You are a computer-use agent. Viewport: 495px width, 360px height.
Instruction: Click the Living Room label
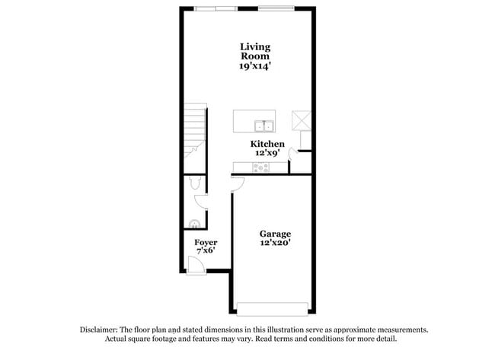point(255,52)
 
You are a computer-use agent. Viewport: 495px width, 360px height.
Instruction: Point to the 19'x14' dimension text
point(255,66)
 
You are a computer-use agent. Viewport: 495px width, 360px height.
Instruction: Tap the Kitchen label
point(267,144)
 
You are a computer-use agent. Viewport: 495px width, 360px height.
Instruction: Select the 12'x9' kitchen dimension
point(267,153)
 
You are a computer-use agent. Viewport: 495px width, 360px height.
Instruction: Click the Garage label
point(275,234)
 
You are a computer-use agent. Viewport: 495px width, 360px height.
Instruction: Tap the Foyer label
point(206,243)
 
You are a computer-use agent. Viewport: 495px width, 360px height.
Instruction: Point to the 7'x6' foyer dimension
point(206,252)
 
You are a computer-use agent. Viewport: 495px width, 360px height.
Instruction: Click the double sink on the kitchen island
point(264,126)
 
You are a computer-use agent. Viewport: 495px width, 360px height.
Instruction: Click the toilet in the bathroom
point(194,183)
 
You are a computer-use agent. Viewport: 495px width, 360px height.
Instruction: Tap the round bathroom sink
point(194,224)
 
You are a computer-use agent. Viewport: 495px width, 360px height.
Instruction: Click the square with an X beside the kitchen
point(301,120)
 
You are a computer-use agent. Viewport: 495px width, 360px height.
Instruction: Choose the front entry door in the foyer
point(195,264)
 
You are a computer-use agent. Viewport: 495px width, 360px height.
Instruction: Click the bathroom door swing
point(201,202)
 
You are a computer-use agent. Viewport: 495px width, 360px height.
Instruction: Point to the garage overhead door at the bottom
point(273,309)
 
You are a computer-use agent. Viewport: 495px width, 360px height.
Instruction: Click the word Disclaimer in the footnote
point(102,330)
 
